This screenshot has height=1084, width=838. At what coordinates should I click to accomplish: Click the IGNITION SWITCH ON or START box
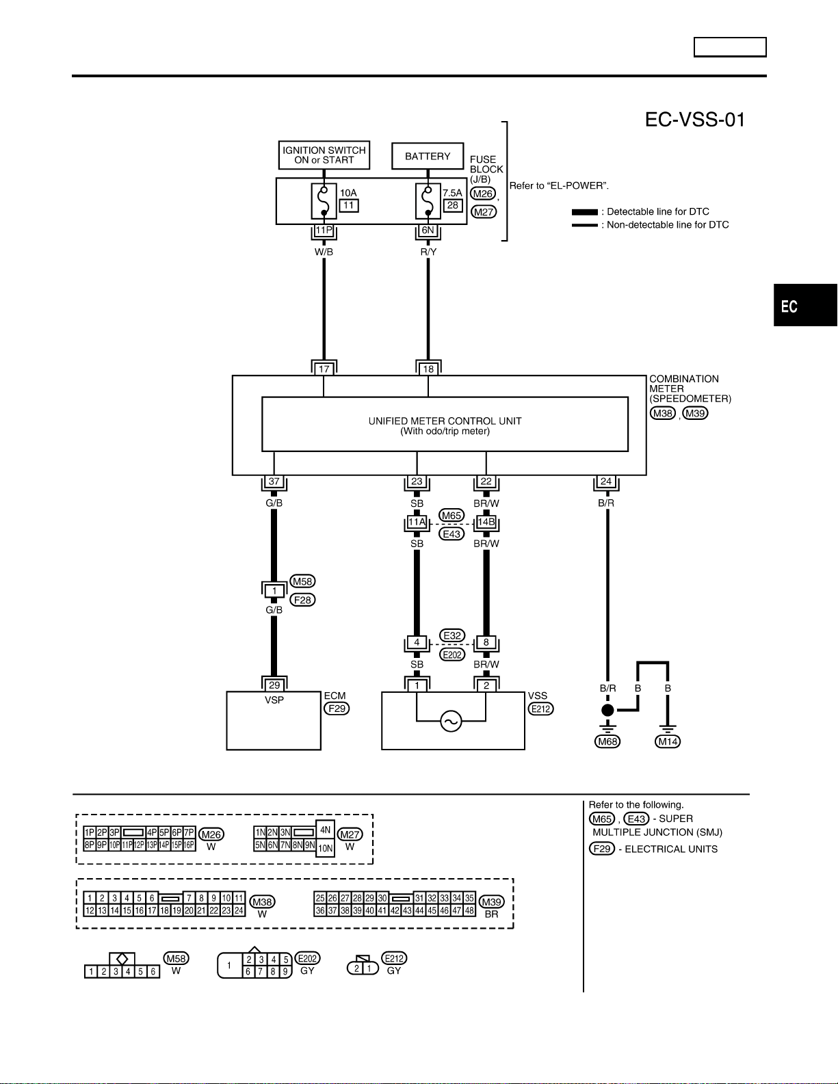click(324, 155)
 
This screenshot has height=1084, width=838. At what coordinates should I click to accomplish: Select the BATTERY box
click(428, 156)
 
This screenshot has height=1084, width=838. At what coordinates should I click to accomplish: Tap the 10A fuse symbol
click(324, 201)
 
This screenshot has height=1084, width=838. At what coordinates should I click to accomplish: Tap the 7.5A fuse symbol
click(428, 201)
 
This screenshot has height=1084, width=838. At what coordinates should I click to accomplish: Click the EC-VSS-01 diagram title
click(695, 120)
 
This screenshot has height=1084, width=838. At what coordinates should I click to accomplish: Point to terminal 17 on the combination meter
click(324, 369)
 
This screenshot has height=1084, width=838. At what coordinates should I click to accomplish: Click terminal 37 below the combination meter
click(274, 481)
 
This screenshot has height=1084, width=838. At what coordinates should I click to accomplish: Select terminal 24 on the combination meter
click(606, 481)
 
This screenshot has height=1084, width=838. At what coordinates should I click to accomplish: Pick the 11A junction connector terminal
click(417, 523)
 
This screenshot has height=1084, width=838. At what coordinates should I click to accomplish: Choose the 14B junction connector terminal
click(486, 523)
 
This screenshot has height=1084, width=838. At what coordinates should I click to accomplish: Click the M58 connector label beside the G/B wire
click(302, 581)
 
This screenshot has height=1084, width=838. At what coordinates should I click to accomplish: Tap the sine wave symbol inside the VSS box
click(451, 722)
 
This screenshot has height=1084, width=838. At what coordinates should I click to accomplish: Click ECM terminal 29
click(274, 685)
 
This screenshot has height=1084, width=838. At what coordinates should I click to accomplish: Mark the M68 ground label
click(607, 742)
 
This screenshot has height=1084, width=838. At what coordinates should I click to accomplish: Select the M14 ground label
click(668, 742)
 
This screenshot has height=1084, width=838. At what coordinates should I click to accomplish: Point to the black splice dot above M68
click(607, 710)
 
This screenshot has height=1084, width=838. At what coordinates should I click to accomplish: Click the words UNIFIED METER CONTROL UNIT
click(445, 421)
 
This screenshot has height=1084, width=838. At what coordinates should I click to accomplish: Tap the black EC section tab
click(806, 305)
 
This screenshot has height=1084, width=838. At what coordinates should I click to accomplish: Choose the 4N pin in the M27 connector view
click(325, 830)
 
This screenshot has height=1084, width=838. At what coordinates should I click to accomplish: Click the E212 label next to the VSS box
click(540, 709)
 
